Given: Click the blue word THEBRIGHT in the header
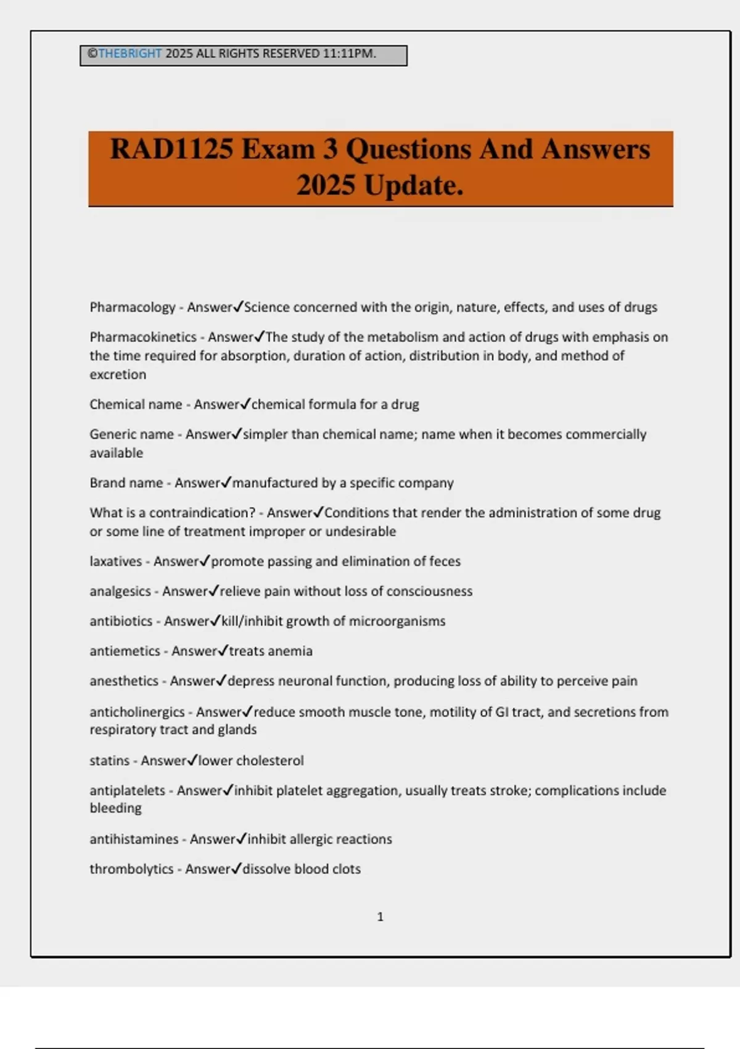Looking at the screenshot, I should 129,54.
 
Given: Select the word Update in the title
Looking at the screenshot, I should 411,185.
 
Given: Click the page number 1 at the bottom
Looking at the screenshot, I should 380,917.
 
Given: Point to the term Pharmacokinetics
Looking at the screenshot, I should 143,337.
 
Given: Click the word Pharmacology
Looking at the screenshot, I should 133,307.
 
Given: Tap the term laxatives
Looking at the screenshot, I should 115,562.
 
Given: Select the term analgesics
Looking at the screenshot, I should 120,591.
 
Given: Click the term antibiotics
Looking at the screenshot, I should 121,621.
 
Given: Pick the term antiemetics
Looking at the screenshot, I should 125,651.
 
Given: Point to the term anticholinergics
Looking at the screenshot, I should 137,712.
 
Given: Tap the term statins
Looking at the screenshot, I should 109,761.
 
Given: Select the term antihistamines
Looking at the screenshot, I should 134,839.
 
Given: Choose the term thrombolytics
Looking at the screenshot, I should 131,869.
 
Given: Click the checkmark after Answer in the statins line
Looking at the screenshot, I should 192,760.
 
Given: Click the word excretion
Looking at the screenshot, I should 118,375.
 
